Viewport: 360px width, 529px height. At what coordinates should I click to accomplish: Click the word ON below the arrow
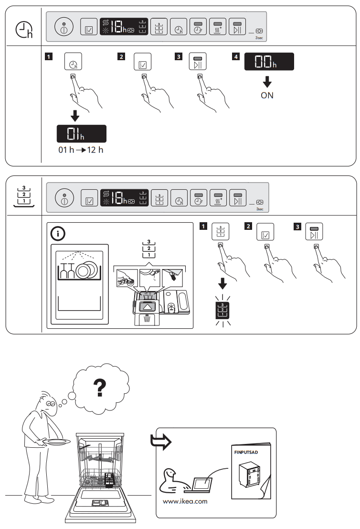click(267, 95)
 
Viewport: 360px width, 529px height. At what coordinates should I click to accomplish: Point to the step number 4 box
click(235, 57)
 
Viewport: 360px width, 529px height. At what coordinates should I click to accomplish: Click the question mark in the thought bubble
click(100, 389)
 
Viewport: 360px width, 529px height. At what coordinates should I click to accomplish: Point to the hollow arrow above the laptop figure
click(161, 440)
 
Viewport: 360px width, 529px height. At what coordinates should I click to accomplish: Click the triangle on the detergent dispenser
click(147, 307)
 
